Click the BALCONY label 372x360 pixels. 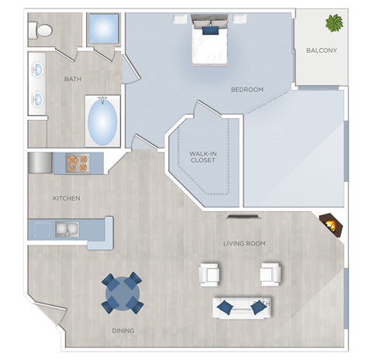pyautogui.click(x=321, y=51)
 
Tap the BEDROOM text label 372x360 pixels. pyautogui.click(x=247, y=90)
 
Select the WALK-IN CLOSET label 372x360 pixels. pyautogui.click(x=203, y=158)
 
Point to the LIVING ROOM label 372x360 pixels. pyautogui.click(x=244, y=243)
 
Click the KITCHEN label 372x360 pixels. pyautogui.click(x=67, y=198)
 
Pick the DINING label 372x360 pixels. pyautogui.click(x=122, y=331)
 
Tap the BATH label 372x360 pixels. pyautogui.click(x=73, y=78)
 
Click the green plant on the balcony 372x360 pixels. pyautogui.click(x=335, y=23)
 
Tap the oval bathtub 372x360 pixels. pyautogui.click(x=102, y=120)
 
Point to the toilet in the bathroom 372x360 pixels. pyautogui.click(x=42, y=30)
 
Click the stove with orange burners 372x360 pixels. pyautogui.click(x=78, y=163)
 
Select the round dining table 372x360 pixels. pyautogui.click(x=122, y=293)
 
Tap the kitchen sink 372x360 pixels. pyautogui.click(x=67, y=228)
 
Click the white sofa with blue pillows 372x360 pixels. pyautogui.click(x=241, y=307)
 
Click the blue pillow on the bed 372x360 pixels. pyautogui.click(x=210, y=31)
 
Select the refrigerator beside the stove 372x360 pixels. pyautogui.click(x=40, y=163)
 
